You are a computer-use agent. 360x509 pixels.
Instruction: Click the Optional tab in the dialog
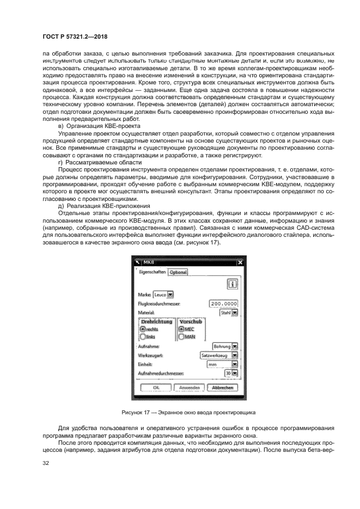point(178,272)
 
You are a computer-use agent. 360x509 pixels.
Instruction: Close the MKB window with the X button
point(240,262)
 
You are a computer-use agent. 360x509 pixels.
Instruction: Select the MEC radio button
point(182,329)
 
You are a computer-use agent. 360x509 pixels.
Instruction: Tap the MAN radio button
point(182,337)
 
